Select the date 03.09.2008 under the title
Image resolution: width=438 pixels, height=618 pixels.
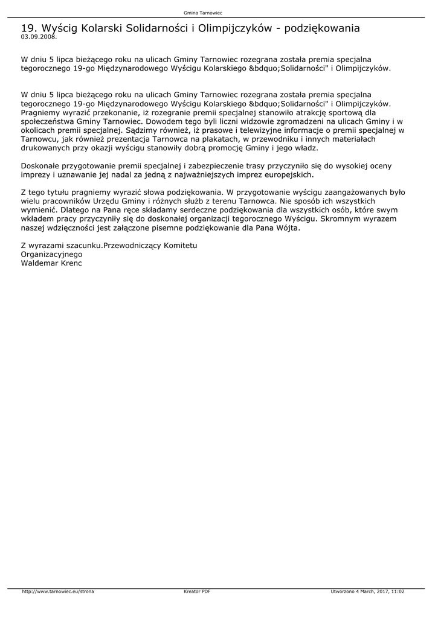click(39, 37)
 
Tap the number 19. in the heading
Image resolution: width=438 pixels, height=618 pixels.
click(29, 28)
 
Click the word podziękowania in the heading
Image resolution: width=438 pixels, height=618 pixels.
click(322, 28)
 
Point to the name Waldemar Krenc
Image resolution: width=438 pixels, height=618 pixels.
click(51, 263)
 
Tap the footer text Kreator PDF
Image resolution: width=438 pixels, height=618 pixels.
click(197, 591)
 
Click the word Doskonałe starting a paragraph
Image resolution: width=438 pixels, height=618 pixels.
click(41, 165)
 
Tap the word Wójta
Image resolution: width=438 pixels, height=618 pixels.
click(286, 228)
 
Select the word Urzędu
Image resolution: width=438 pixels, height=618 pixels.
click(109, 201)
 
